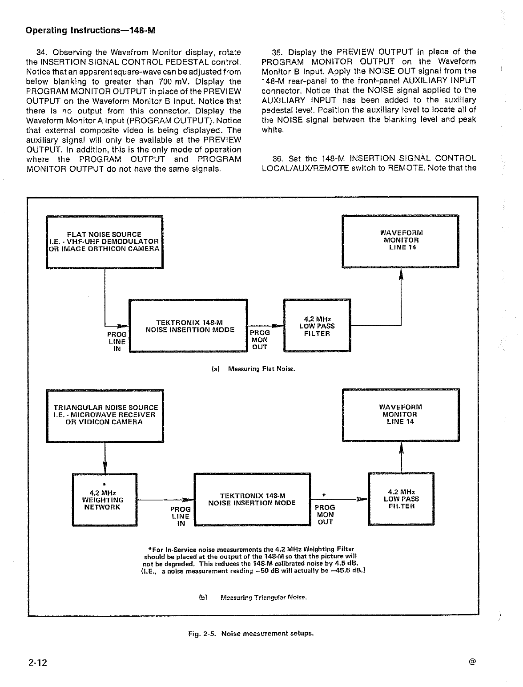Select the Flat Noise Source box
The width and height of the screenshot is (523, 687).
coord(105,242)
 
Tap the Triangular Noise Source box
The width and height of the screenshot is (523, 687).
coord(105,415)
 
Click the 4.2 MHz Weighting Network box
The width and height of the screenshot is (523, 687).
coord(105,499)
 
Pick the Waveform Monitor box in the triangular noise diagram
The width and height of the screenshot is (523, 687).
coord(401,415)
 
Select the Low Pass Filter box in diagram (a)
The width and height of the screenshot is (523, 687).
coord(317,325)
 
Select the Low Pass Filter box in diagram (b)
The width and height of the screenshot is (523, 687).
coord(401,499)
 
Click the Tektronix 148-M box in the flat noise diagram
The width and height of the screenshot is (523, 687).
coord(188,326)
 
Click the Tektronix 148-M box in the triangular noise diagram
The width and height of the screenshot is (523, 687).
coord(252,499)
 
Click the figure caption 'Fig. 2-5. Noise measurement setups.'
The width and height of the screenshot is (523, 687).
coord(251,634)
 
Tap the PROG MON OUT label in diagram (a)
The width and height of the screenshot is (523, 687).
coord(260,340)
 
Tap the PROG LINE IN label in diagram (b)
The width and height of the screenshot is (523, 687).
coord(181,516)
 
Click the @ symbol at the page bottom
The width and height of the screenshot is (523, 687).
coord(472,662)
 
